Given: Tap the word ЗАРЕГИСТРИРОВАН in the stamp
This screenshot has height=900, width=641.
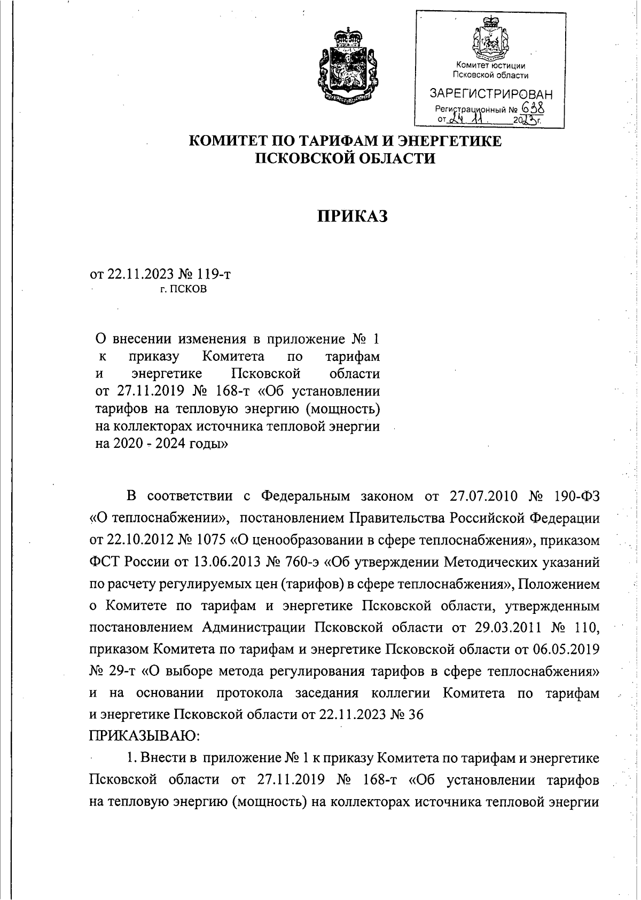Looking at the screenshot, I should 491,94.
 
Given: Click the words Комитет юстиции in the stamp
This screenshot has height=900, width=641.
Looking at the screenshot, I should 491,66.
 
